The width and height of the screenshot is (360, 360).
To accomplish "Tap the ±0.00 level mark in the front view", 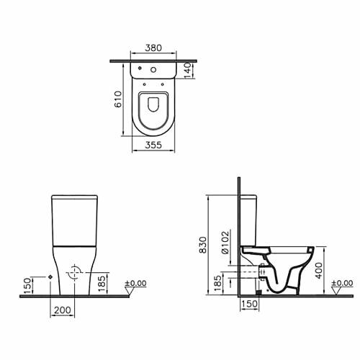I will click(x=135, y=283).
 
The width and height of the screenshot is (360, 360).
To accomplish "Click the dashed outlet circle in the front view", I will click(x=72, y=274).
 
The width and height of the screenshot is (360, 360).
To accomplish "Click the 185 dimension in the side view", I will click(x=217, y=284).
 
